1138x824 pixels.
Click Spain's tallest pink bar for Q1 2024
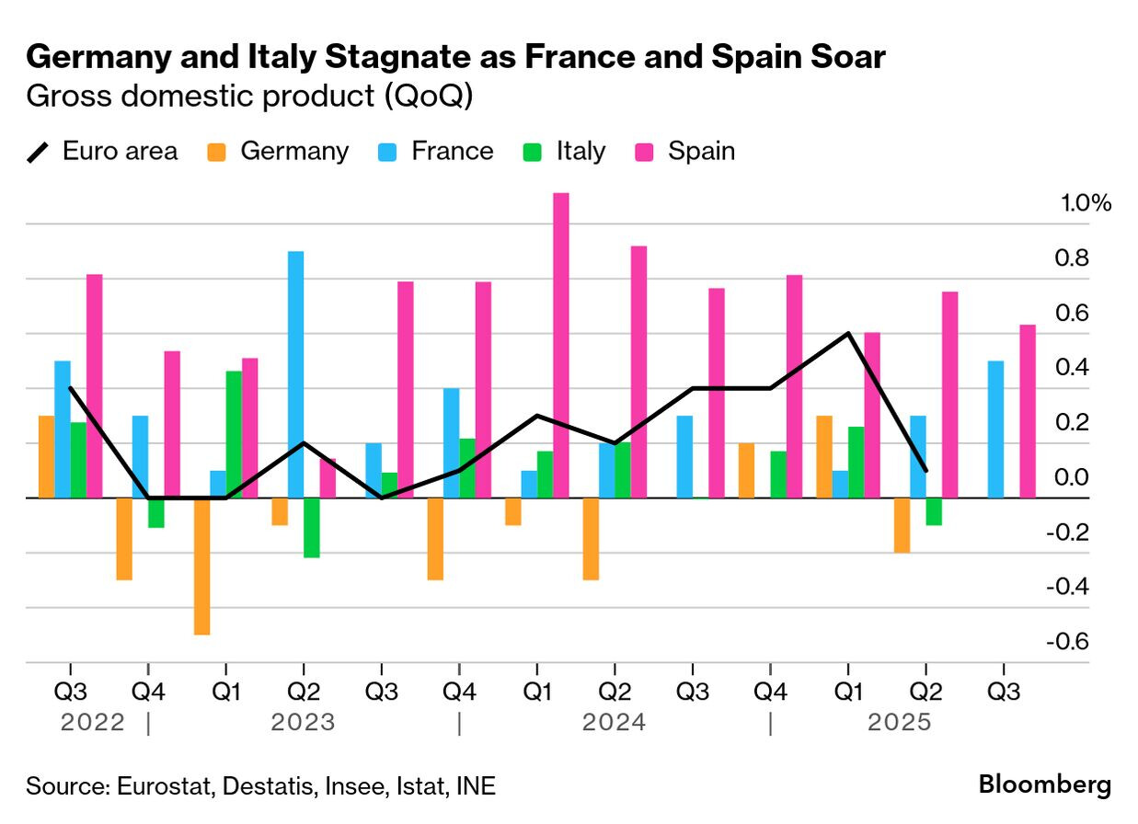point(560,345)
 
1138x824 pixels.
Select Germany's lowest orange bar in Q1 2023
point(201,566)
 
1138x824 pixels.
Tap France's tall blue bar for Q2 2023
point(295,374)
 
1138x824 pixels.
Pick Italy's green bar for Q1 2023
point(234,434)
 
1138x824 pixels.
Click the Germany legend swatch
point(216,152)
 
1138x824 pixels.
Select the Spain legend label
point(701,151)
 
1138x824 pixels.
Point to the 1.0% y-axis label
point(1086,203)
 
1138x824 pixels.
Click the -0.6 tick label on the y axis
point(1067,642)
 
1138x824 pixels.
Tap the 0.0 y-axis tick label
point(1071,477)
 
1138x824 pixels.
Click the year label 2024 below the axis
point(614,723)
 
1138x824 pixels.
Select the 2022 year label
point(92,723)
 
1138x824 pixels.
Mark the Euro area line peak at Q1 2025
point(848,333)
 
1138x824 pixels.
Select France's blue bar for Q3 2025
point(995,429)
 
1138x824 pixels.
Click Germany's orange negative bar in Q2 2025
point(902,525)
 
